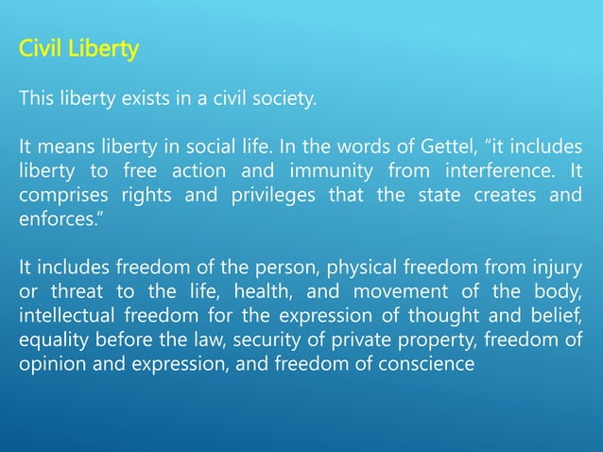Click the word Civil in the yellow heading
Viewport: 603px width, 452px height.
pos(40,48)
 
